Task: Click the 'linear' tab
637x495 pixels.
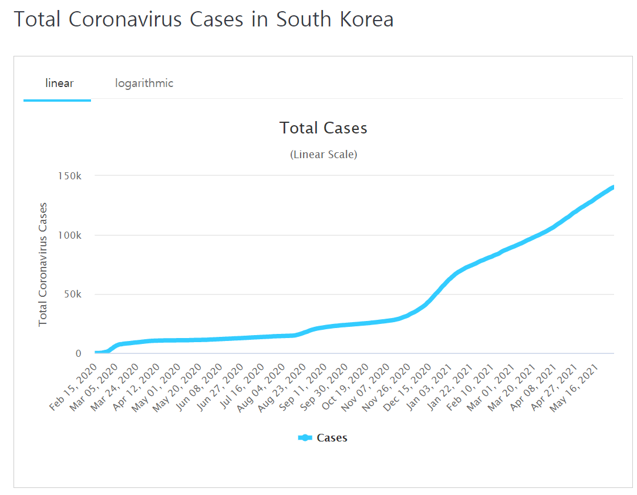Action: tap(59, 83)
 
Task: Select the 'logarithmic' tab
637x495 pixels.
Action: tap(144, 83)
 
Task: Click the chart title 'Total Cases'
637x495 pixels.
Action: tap(323, 128)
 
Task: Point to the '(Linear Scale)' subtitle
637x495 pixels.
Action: tap(323, 155)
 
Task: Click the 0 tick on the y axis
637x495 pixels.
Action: tap(78, 354)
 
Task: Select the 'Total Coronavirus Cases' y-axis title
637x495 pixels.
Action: tap(43, 265)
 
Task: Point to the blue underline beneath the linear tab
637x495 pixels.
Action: tap(57, 101)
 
